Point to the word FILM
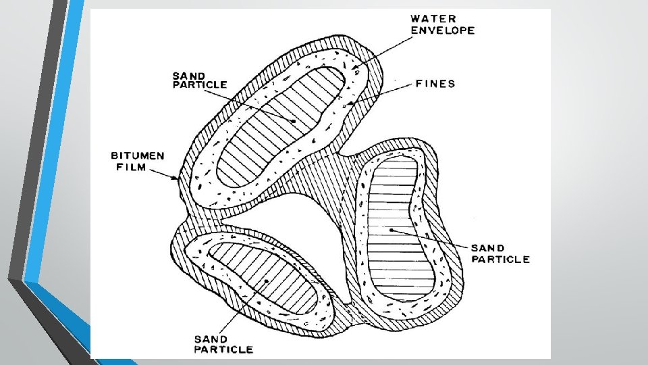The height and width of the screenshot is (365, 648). (x=128, y=167)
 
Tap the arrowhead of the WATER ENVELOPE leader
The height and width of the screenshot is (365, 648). (x=354, y=69)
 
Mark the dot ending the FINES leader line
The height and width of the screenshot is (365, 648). (x=350, y=103)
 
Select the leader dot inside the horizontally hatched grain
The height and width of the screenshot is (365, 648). (x=390, y=230)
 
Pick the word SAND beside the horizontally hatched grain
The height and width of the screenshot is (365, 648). (x=488, y=248)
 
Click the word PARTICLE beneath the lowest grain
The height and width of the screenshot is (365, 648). (x=223, y=349)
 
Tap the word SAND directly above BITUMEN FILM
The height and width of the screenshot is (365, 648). (x=190, y=74)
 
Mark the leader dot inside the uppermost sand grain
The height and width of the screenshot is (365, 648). (x=294, y=120)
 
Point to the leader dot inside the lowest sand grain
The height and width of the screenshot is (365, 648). (x=268, y=279)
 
